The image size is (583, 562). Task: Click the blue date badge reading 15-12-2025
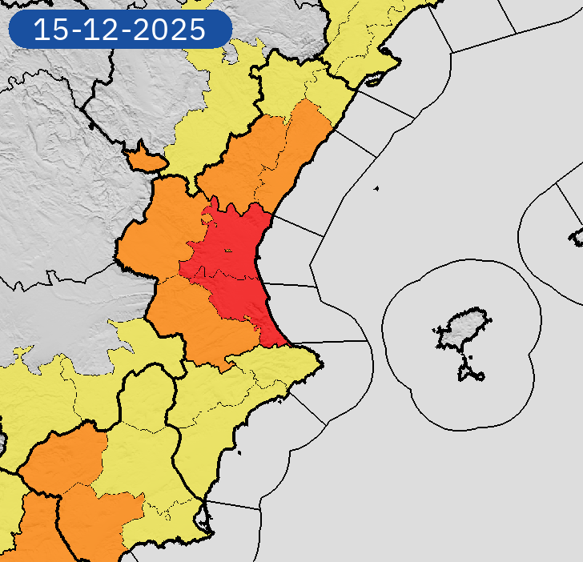[x=119, y=30]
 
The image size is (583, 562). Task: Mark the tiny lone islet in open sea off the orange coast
[x=376, y=189]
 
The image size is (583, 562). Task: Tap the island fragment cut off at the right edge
[x=577, y=236]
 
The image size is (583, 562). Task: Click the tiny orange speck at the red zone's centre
[x=228, y=251]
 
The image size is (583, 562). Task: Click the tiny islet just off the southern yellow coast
[x=239, y=454]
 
